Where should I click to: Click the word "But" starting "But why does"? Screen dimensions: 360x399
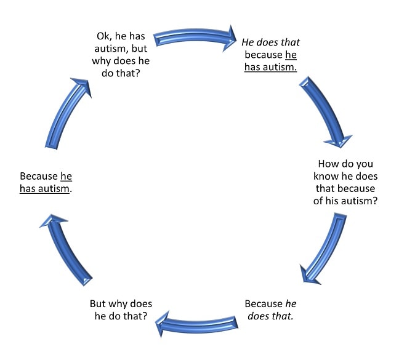100,304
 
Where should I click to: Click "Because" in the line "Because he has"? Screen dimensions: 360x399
38,176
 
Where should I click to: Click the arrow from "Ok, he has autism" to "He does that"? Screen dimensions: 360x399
194,35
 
